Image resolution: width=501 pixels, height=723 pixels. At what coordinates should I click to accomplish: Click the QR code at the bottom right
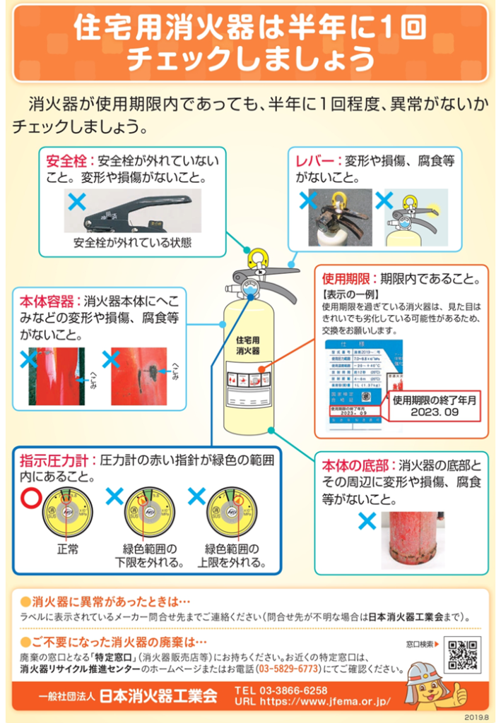click(x=462, y=655)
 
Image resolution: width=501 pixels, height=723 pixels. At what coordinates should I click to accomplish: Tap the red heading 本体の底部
click(x=356, y=465)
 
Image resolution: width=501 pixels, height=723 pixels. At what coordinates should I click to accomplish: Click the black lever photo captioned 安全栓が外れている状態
click(x=124, y=211)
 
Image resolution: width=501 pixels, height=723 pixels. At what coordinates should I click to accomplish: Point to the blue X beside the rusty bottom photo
click(x=367, y=522)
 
